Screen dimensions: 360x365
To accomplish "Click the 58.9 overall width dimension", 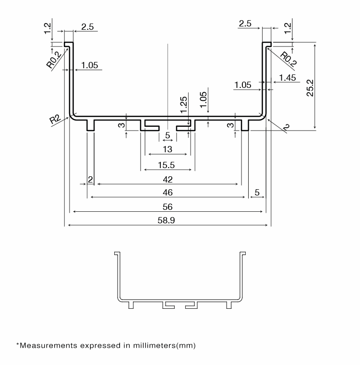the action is click(x=166, y=220).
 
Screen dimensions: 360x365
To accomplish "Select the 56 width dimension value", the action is click(x=168, y=207).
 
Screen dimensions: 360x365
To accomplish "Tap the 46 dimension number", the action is click(x=168, y=193).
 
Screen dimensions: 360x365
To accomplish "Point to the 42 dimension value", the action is click(x=168, y=180).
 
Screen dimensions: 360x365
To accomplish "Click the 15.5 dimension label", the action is click(x=166, y=165).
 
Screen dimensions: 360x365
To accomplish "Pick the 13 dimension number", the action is click(x=168, y=149).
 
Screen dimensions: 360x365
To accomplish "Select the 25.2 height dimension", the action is click(x=310, y=88).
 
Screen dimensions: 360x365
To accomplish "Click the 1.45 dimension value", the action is click(x=288, y=78).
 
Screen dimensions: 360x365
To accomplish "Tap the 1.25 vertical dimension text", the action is click(x=184, y=105).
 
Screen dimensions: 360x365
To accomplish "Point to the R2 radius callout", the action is click(x=55, y=119).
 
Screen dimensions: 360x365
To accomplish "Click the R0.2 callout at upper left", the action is click(x=54, y=60).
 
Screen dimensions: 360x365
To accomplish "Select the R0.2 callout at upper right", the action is click(x=288, y=59).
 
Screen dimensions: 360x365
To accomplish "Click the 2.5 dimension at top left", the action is click(x=87, y=27).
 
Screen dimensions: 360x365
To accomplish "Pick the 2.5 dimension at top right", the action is click(x=245, y=24).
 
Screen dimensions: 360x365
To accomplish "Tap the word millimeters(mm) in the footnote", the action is click(x=164, y=345).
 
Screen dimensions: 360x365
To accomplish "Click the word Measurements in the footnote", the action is click(x=48, y=345).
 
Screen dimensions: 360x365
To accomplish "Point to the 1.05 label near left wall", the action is click(x=90, y=65).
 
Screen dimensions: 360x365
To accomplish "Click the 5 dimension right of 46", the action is click(x=257, y=193).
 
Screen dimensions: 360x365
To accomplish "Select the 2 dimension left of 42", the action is click(x=90, y=180).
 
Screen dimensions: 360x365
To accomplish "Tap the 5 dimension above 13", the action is click(x=168, y=135).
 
